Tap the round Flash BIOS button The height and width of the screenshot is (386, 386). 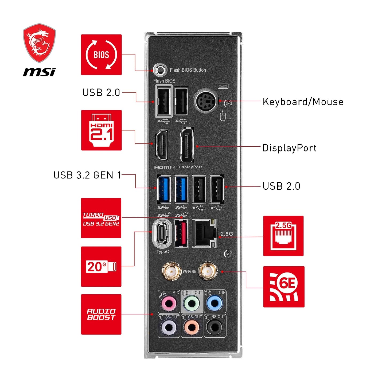click(x=160, y=70)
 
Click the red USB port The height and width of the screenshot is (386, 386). click(x=181, y=233)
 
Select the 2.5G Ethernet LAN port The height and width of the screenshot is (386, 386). click(x=205, y=233)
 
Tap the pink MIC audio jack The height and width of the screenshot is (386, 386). click(x=169, y=303)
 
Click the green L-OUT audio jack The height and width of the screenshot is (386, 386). click(x=192, y=303)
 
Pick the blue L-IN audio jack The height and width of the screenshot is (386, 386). click(x=215, y=303)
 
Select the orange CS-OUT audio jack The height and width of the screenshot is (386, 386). click(x=192, y=327)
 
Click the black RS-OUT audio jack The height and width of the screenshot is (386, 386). click(x=215, y=327)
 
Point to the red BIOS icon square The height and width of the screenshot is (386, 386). click(x=101, y=55)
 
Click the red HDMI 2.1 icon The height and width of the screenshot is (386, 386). click(x=101, y=130)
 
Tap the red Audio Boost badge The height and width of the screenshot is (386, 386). click(x=101, y=314)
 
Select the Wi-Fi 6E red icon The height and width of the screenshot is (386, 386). click(x=284, y=287)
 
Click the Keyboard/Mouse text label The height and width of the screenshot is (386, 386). click(x=303, y=102)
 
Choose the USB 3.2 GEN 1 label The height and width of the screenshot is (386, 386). click(x=87, y=175)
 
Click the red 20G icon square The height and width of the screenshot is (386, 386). click(x=101, y=267)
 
